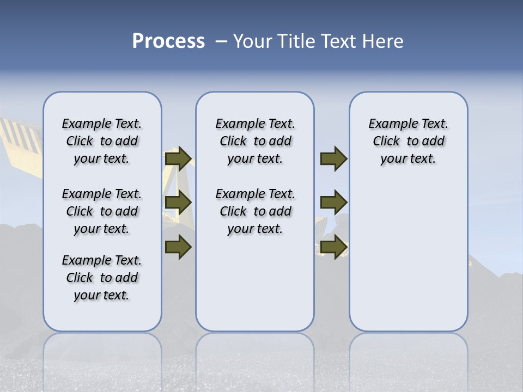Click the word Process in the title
[168, 41]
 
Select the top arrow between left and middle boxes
[178, 159]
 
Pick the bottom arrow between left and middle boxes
[178, 247]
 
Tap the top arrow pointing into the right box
[333, 159]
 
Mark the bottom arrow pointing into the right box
[333, 247]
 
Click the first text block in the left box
[102, 141]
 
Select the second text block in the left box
[102, 211]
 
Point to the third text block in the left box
[102, 278]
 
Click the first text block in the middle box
[255, 141]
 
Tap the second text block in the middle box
[255, 211]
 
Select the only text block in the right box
[408, 141]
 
